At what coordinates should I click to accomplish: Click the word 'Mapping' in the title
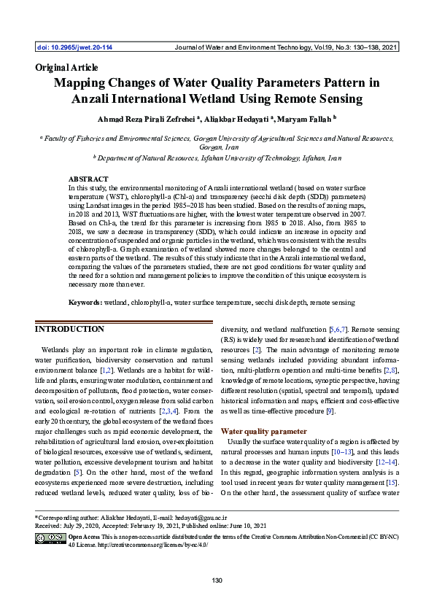click(x=82, y=82)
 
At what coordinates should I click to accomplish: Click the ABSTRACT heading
click(x=88, y=179)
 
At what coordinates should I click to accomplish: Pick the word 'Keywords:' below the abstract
click(x=85, y=302)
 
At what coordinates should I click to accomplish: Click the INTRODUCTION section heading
click(x=71, y=330)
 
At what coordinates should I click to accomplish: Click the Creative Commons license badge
click(x=50, y=538)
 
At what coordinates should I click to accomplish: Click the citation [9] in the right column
click(x=330, y=412)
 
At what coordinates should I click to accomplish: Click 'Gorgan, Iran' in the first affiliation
click(x=217, y=146)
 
